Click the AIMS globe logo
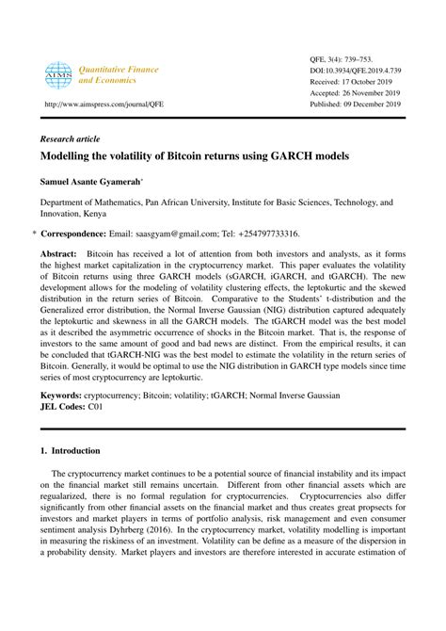pos(58,75)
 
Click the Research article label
pos(71,137)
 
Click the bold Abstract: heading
pos(58,255)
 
